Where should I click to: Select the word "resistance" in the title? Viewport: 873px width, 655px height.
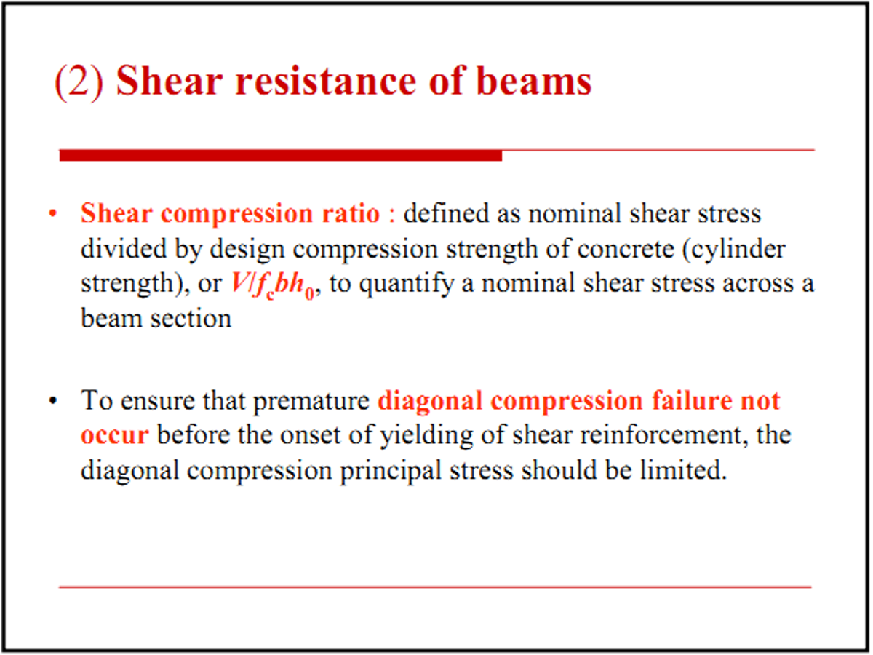click(326, 81)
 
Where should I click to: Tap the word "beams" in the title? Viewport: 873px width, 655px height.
click(534, 81)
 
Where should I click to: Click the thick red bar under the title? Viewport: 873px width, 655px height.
click(280, 155)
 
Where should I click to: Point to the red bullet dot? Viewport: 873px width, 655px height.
click(52, 214)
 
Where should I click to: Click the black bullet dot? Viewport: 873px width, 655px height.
click(52, 401)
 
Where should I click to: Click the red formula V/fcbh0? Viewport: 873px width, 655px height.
click(273, 285)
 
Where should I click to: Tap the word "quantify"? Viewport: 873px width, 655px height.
click(407, 285)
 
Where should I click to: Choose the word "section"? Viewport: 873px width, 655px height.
click(191, 319)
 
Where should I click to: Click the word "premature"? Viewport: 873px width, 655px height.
click(311, 402)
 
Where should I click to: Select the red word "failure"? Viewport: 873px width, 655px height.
click(692, 400)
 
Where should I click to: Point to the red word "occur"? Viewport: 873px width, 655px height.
click(114, 435)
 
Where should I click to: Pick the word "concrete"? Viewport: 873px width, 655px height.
click(626, 250)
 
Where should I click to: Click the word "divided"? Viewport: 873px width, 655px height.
click(123, 249)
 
